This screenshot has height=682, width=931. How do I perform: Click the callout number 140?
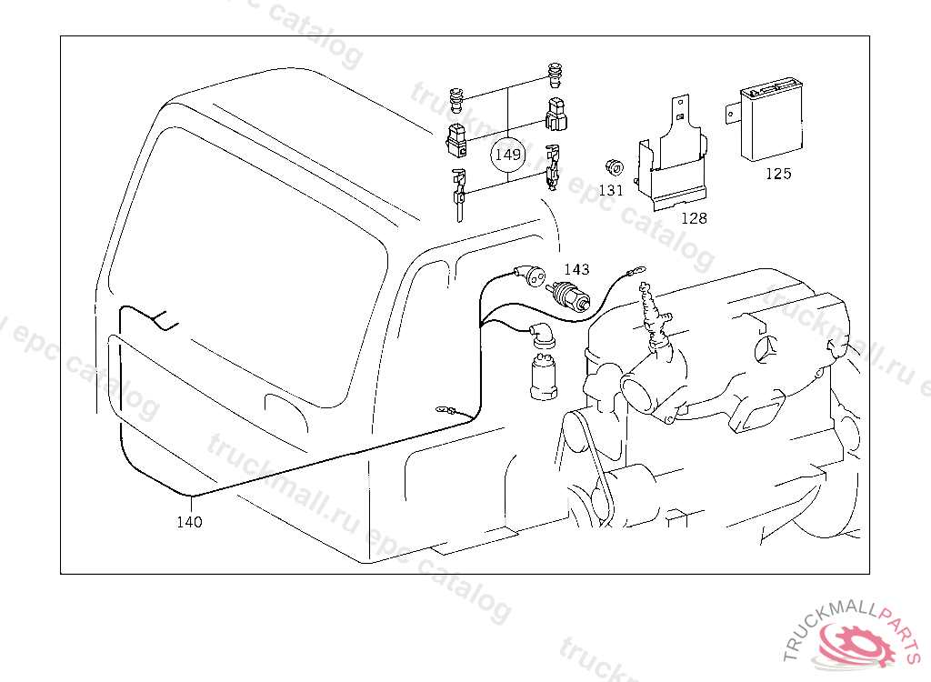[189, 522]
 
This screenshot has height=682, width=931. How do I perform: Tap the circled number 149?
[507, 155]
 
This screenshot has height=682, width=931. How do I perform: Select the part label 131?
[611, 190]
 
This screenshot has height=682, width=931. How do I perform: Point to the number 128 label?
[694, 218]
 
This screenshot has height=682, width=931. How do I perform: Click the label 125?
[778, 174]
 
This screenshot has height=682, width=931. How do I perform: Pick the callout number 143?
[576, 270]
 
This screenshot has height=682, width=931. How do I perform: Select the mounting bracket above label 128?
[673, 155]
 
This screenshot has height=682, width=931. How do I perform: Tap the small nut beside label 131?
[614, 167]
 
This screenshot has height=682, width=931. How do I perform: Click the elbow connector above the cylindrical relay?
[542, 335]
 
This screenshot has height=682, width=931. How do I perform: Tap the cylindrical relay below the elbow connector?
[544, 376]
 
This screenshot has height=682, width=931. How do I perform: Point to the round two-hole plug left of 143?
[531, 276]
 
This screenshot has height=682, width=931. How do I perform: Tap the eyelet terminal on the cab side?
[446, 409]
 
